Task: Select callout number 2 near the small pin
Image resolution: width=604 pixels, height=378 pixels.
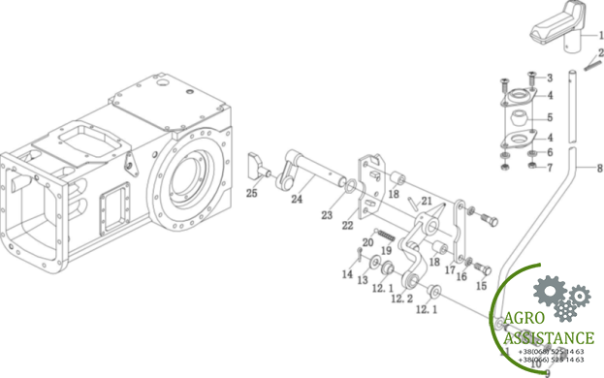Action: coord(600,52)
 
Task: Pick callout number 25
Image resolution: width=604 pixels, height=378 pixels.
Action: coord(251,194)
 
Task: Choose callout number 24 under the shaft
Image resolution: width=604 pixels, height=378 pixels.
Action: coord(297,201)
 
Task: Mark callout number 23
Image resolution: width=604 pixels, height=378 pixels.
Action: coord(327,215)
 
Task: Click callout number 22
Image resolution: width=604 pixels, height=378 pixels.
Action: coord(347,226)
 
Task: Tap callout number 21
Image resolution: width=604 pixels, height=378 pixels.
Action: coord(427,201)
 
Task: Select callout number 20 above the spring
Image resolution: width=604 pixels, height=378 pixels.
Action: coord(367,242)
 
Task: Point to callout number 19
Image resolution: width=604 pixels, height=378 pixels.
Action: coord(386,251)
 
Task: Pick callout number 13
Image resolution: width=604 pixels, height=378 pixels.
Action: coord(362,281)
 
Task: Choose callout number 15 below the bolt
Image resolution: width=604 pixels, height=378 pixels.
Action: coord(481,286)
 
